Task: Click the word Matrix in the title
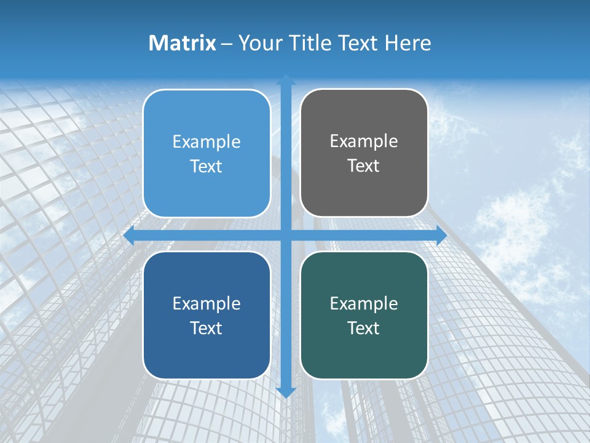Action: pos(183,43)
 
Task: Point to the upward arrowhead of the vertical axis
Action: pos(286,79)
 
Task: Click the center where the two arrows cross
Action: pos(286,235)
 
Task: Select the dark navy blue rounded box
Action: pos(206,351)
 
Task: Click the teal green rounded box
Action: pos(364,351)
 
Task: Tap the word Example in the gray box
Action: pos(364,142)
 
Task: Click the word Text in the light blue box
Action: pos(206,166)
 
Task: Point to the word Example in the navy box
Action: pos(206,303)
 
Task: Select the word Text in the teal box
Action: pos(364,328)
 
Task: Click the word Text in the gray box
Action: pos(364,166)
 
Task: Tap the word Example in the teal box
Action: pos(364,303)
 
